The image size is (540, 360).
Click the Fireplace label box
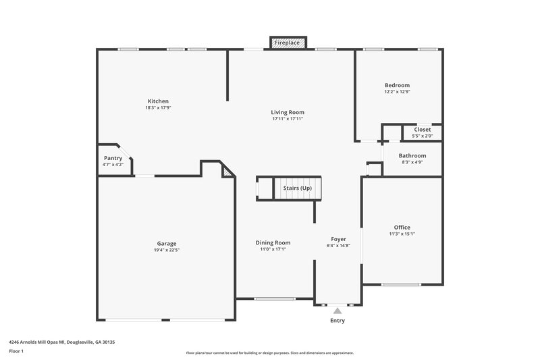point(288,43)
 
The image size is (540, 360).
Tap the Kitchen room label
point(157,101)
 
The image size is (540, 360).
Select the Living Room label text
point(288,112)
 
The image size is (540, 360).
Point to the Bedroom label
point(397,85)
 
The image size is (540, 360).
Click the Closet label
point(422,130)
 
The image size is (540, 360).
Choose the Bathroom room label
point(412,155)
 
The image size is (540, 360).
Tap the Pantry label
point(113,158)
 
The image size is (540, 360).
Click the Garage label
point(166,243)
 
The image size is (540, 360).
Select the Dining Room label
point(273,242)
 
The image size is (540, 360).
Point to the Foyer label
point(338,239)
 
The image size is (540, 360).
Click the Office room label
point(402,228)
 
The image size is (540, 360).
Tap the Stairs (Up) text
point(297,188)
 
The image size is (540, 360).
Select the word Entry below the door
point(337,321)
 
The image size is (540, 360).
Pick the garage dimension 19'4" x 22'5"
point(166,250)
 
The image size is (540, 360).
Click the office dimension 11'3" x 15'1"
point(402,234)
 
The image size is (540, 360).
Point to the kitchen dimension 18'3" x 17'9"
point(157,108)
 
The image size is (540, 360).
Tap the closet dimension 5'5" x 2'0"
point(422,136)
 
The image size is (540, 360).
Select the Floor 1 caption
point(17,352)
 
